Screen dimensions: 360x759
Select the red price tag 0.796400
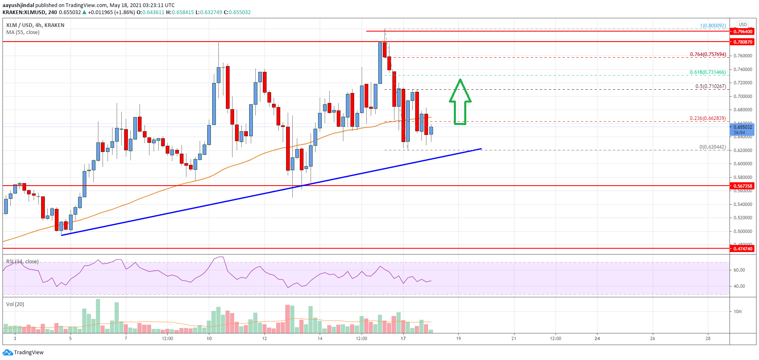pos(742,32)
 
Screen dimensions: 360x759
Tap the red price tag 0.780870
pos(742,42)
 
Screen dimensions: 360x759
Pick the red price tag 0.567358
pos(742,186)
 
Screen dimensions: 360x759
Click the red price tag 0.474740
pos(742,249)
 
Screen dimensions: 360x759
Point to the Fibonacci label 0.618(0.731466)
pos(708,72)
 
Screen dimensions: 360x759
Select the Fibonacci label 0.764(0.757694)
pos(708,54)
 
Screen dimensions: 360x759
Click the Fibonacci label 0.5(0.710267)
pos(710,86)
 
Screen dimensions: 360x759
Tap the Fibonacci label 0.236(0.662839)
pos(708,118)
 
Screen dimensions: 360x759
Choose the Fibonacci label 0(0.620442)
pos(712,147)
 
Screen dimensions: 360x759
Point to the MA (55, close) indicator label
pos(23,32)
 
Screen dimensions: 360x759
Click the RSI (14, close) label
pos(22,262)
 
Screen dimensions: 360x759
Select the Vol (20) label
pos(15,304)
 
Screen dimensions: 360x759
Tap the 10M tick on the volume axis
pos(738,311)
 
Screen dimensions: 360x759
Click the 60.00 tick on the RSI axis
pos(739,270)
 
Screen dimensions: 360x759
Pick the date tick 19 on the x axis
pos(458,338)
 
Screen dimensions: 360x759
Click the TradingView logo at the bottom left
pos(23,353)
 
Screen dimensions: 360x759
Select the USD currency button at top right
pos(742,24)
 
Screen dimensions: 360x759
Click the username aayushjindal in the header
pos(18,5)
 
